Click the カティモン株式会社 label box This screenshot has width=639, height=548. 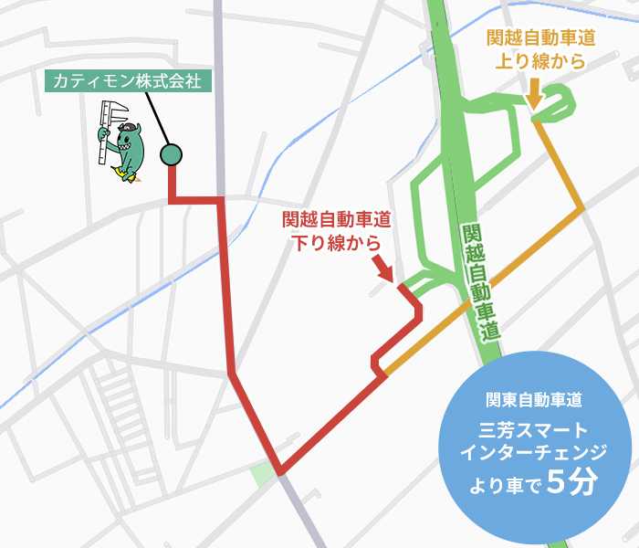point(129,80)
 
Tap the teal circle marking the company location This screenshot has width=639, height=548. point(171,155)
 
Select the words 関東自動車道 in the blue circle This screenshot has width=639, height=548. point(534,399)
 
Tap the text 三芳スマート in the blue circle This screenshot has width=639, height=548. point(533,430)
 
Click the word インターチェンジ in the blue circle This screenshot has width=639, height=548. point(534,453)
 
